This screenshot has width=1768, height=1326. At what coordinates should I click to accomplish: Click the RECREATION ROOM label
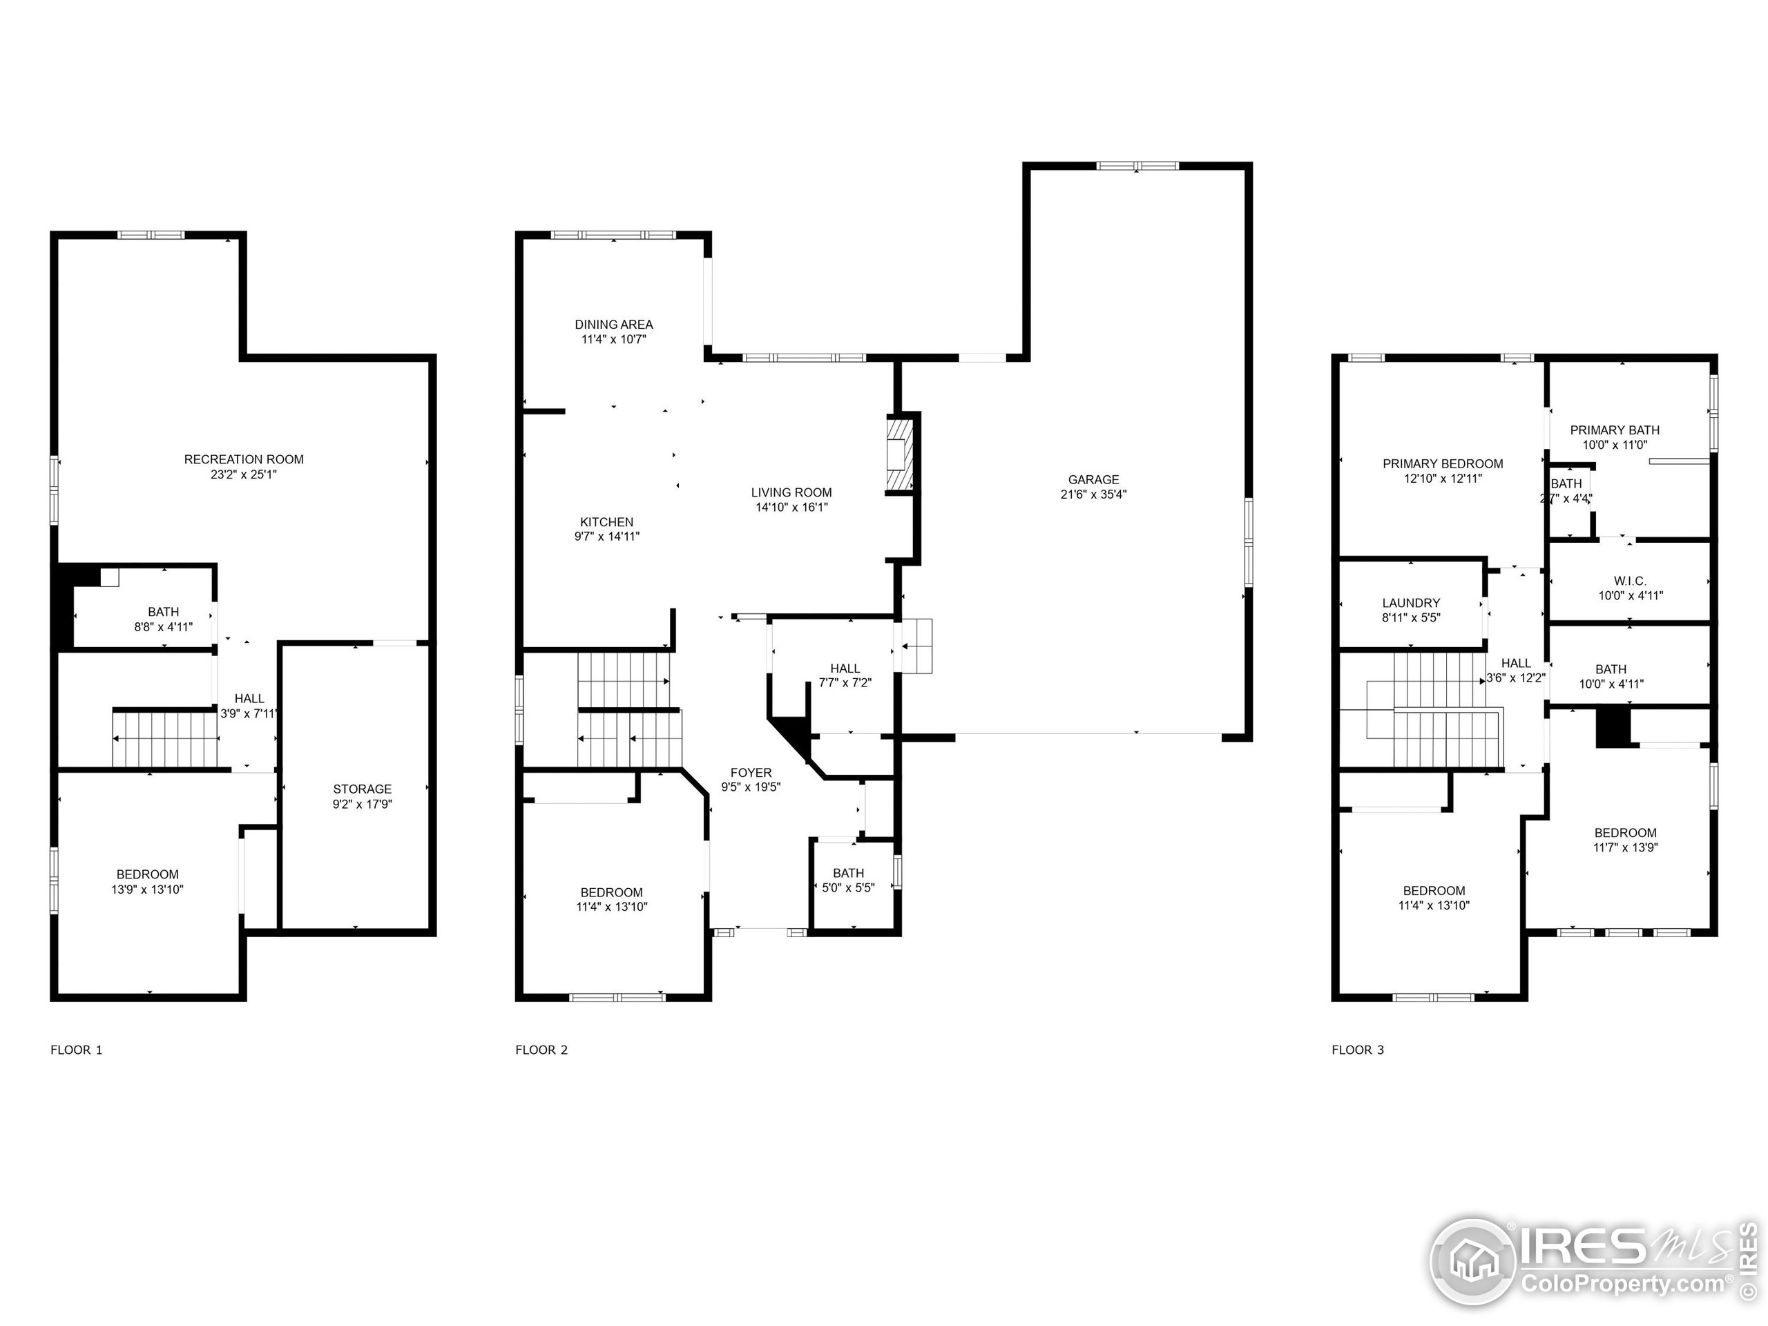coord(244,459)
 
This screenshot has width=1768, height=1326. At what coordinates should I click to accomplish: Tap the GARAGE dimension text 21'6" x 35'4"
coord(1093,494)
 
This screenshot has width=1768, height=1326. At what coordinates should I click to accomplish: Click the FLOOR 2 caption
coord(541,1050)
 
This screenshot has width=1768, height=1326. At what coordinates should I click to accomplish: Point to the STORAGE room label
coord(362,789)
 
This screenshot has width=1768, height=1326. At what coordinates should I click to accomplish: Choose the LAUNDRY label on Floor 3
coord(1411,603)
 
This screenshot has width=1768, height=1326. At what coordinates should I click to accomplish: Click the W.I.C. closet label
coord(1629,581)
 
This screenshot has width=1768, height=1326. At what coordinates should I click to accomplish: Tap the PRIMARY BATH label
coord(1614,430)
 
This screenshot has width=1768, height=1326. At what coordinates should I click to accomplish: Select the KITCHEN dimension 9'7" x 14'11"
coord(606,537)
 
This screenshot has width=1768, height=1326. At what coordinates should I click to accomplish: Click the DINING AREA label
coord(613,325)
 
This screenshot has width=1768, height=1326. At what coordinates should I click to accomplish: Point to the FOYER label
coord(751,772)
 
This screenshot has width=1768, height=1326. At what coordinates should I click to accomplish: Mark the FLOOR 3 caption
coord(1357,1050)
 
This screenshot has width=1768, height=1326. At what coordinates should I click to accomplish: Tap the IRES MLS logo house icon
coord(1473,1261)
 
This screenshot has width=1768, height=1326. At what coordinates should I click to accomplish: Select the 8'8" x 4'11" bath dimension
coord(163,626)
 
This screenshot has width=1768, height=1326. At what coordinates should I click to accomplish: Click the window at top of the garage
coord(1137,166)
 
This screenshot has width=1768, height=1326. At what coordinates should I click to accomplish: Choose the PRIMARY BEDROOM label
coord(1443,463)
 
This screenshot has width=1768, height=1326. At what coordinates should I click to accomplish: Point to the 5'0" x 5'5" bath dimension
coord(848,887)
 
